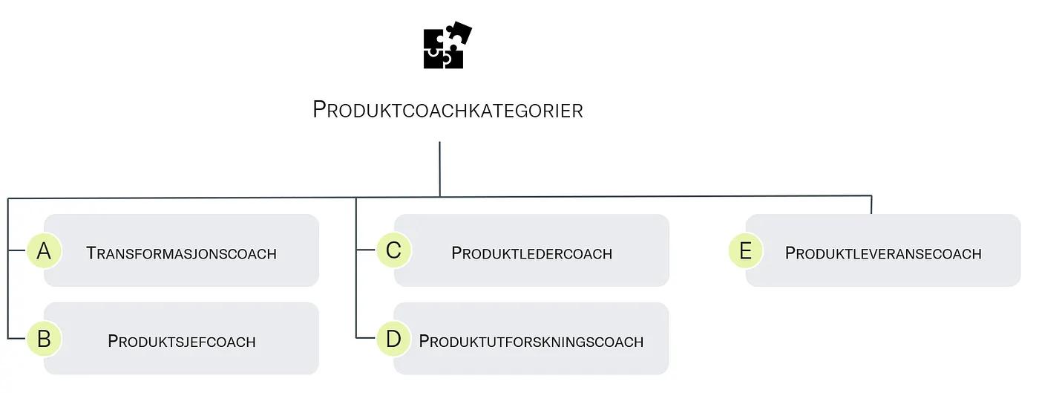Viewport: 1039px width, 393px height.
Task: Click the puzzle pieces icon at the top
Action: click(x=447, y=46)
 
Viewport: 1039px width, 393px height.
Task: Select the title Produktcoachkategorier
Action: click(x=448, y=110)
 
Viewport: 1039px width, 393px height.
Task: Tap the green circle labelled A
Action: click(x=44, y=251)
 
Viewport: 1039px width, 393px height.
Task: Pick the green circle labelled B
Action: click(x=44, y=339)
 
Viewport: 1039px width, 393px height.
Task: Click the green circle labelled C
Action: click(x=393, y=250)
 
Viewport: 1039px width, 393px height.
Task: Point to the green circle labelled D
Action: click(x=393, y=339)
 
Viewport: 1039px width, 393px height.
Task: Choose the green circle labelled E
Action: click(x=745, y=250)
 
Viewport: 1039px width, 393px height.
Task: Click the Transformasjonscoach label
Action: click(x=181, y=253)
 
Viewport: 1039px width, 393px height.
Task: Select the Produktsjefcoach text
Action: click(x=181, y=342)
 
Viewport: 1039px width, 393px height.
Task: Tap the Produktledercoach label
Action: click(x=531, y=253)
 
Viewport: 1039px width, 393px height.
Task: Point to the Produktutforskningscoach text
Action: click(x=531, y=342)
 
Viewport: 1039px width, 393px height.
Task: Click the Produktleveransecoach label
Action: click(x=883, y=253)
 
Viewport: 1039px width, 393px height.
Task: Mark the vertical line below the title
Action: click(x=440, y=169)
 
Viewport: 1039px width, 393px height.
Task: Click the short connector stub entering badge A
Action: click(x=17, y=251)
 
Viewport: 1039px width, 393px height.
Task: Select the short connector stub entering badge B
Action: click(x=17, y=339)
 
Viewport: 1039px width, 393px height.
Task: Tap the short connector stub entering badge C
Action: click(x=366, y=250)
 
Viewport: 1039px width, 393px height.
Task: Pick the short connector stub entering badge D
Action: click(x=366, y=339)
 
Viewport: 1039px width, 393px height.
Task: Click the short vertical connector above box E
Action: click(x=871, y=205)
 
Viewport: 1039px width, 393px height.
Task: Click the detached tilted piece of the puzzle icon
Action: click(x=459, y=33)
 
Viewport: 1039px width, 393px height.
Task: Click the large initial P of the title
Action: click(x=320, y=109)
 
